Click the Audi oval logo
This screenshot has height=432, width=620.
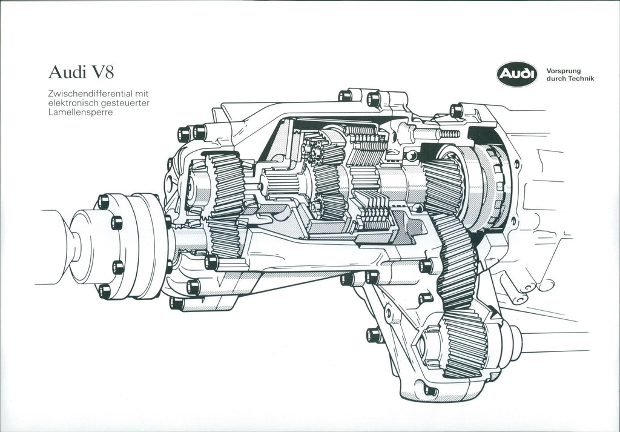coord(517,74)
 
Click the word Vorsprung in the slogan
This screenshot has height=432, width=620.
coord(563,71)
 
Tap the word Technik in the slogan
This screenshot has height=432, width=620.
coord(581,79)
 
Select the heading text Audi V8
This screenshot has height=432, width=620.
coord(81,73)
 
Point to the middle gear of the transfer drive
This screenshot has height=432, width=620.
coord(455,261)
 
